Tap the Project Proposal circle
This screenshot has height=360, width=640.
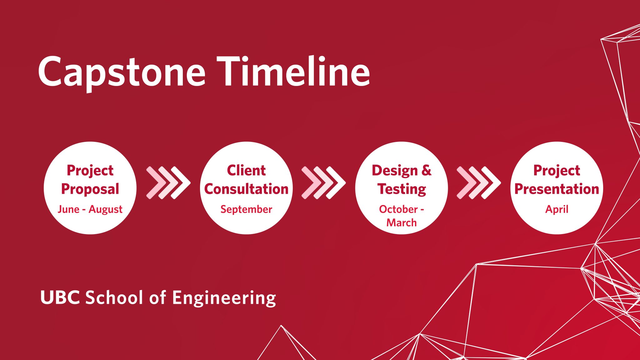click(x=90, y=188)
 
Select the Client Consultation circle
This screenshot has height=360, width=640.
click(x=246, y=188)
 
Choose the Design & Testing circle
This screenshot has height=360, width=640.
click(x=402, y=188)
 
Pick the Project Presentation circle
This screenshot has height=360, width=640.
click(x=557, y=188)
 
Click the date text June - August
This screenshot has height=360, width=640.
click(x=90, y=209)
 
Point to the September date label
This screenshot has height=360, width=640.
click(x=246, y=209)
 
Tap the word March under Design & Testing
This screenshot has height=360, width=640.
click(x=402, y=222)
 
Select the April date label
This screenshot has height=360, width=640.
click(x=557, y=209)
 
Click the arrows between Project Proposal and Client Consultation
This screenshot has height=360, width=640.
click(x=168, y=183)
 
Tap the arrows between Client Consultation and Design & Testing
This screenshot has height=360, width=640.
click(x=323, y=183)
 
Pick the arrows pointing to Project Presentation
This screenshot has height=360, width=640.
click(x=479, y=183)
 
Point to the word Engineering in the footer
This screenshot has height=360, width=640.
click(x=224, y=298)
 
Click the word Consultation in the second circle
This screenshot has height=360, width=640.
click(x=246, y=189)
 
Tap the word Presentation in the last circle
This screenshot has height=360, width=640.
click(x=557, y=189)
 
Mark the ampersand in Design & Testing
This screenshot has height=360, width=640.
click(x=427, y=171)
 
